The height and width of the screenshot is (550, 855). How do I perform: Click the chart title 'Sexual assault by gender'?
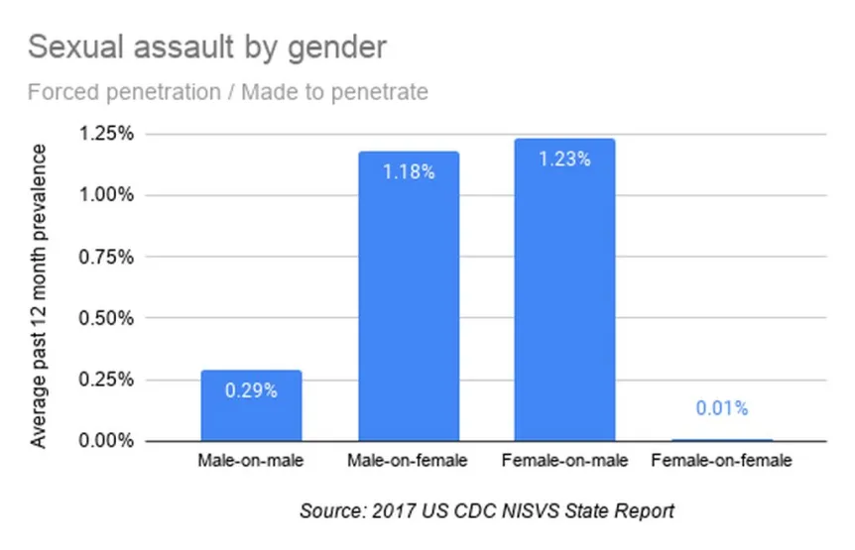point(206,47)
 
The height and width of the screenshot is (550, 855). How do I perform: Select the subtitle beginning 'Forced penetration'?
point(228,92)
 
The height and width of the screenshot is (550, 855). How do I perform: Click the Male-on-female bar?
point(409,297)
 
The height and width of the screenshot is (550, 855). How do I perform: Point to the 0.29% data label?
point(251,389)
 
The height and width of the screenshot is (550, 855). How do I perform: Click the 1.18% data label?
point(409,171)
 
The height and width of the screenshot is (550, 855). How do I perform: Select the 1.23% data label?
point(565,159)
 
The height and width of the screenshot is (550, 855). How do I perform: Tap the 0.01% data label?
point(722,407)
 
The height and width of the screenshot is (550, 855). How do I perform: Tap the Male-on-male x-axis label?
point(251,461)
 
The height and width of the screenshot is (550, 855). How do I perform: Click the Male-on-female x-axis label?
point(409,461)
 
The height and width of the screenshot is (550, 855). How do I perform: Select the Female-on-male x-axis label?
point(565,461)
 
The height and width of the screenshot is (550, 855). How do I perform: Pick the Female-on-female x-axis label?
point(722,461)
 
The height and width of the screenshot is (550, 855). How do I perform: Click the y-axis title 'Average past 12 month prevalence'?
point(39,295)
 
